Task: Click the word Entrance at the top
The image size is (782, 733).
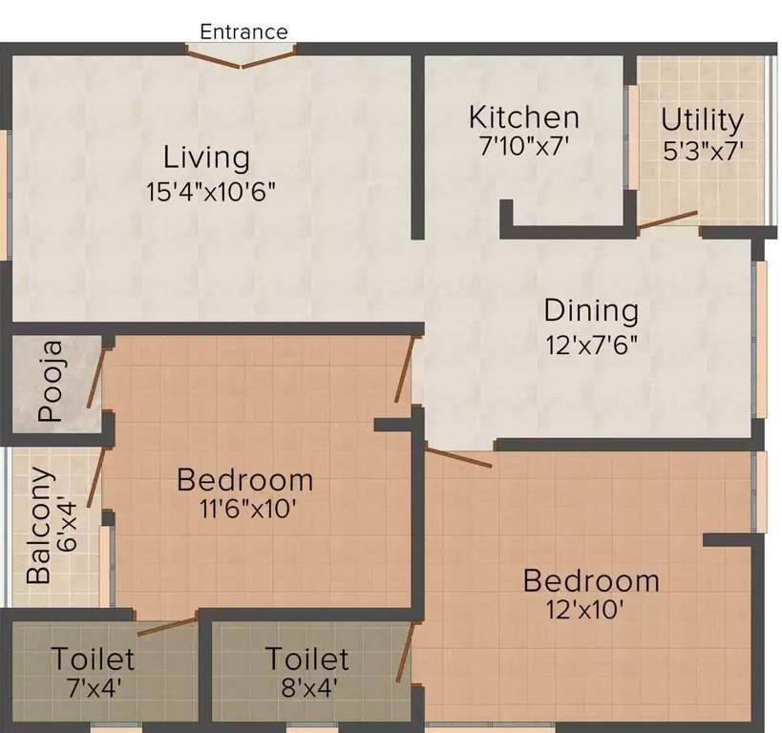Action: coord(243,31)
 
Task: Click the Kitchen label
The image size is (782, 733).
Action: coord(523,117)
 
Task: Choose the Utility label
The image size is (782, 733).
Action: coord(702,120)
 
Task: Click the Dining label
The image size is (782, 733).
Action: coord(591,311)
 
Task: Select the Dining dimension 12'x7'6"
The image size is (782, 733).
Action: coord(591,344)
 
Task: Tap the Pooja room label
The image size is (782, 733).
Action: coord(51,382)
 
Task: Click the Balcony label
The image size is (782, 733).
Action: coord(39,525)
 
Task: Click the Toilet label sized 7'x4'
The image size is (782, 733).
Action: coord(93,659)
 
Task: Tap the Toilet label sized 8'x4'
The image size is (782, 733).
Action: coord(306,659)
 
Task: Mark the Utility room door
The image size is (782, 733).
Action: coord(667,220)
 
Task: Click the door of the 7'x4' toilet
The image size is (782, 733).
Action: coord(167,625)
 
